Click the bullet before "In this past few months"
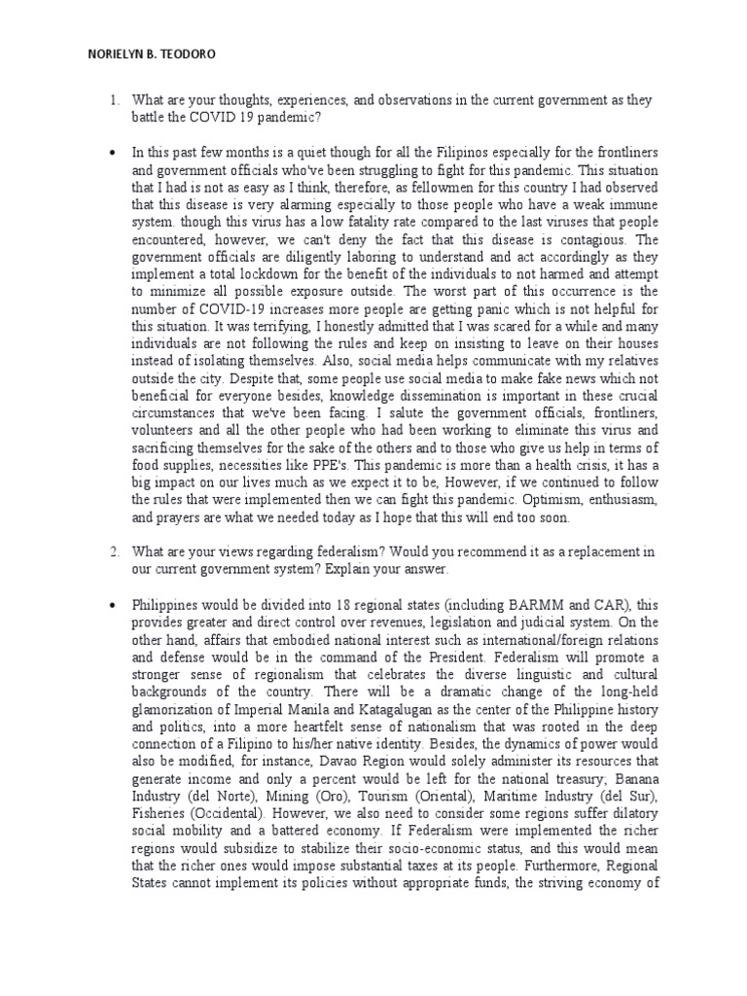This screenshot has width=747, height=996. (113, 152)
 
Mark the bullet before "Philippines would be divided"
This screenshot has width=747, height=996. (113, 604)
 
